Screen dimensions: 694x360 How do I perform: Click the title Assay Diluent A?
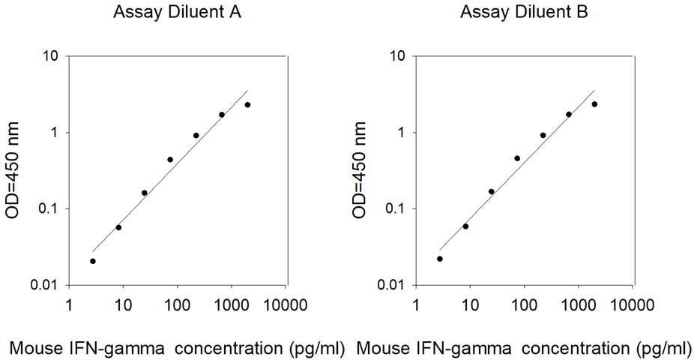click(177, 12)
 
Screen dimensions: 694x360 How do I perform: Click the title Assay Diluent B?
click(524, 12)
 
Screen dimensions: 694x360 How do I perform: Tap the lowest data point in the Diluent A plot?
click(92, 261)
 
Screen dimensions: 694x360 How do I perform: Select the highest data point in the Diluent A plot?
click(247, 105)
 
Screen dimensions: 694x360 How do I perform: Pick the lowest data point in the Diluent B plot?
click(439, 259)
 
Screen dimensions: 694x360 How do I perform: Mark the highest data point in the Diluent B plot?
click(594, 104)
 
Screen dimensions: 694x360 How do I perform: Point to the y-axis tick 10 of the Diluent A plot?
click(50, 56)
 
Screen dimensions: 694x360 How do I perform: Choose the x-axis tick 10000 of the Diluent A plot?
click(286, 305)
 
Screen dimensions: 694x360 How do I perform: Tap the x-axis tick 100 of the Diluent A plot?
click(178, 305)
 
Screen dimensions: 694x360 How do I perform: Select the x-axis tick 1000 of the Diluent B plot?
click(579, 305)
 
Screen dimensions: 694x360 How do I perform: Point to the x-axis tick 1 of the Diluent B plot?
click(416, 305)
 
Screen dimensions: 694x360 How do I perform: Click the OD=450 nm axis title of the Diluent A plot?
click(13, 170)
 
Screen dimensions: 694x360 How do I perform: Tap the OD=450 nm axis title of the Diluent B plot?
click(360, 170)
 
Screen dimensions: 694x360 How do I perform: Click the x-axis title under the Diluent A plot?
click(177, 349)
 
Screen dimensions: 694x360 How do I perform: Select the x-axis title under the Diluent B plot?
click(524, 349)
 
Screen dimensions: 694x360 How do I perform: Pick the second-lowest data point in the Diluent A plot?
click(118, 227)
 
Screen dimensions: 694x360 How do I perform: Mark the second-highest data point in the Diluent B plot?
click(569, 114)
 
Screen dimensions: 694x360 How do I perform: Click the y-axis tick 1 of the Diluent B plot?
click(402, 133)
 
